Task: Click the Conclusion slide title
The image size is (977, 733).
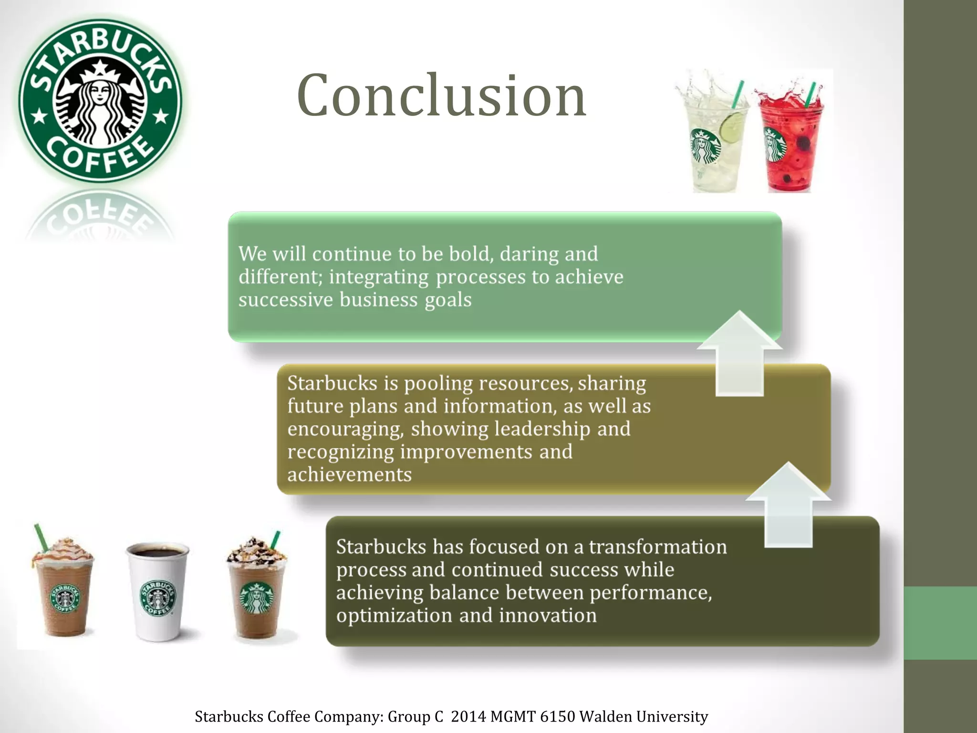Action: [x=441, y=95]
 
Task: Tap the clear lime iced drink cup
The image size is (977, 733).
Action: [x=713, y=148]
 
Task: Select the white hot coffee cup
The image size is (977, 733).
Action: [x=157, y=592]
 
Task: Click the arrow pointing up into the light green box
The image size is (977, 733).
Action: [x=739, y=353]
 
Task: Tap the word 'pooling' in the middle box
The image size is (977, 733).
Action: [x=438, y=383]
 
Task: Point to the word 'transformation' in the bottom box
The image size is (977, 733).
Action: [x=657, y=547]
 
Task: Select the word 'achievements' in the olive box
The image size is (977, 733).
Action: [x=349, y=475]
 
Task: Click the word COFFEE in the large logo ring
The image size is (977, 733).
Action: [x=100, y=155]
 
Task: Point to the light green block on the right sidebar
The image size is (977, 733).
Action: [x=940, y=623]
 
